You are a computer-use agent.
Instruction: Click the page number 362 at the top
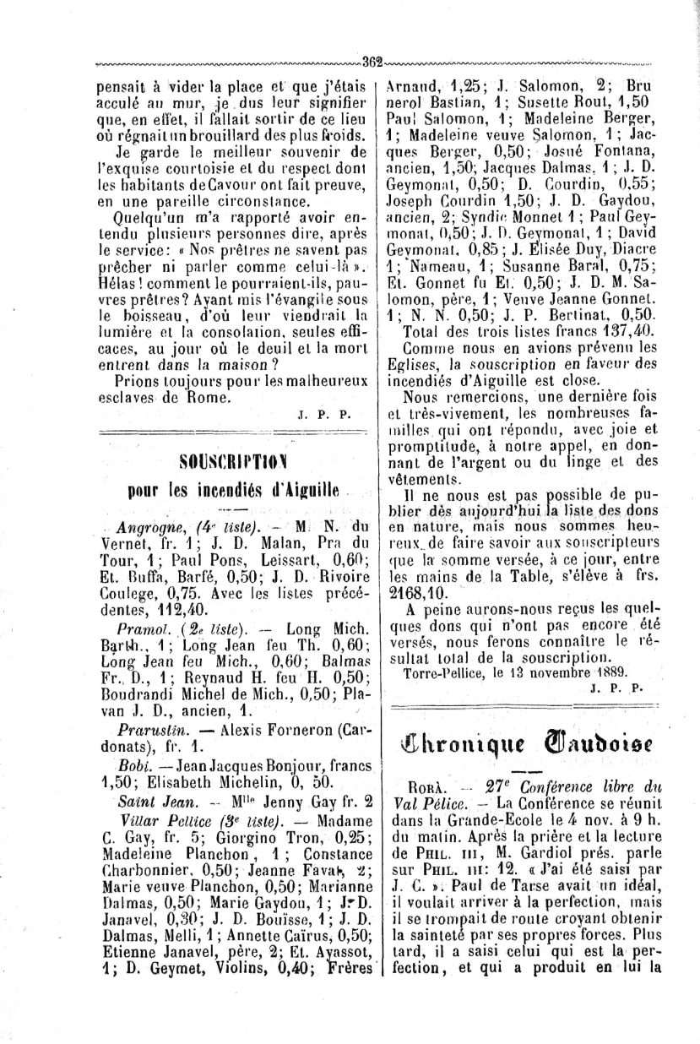point(372,60)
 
